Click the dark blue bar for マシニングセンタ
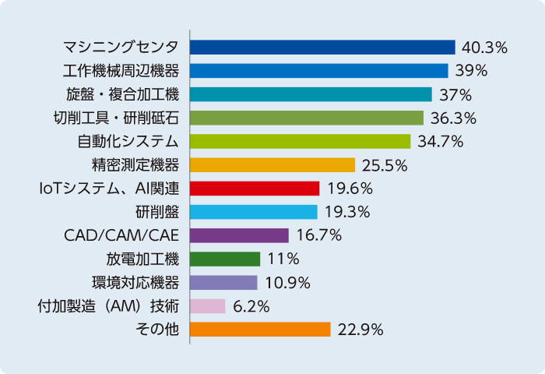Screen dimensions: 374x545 pos(322,48)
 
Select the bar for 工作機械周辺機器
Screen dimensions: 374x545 pos(318,71)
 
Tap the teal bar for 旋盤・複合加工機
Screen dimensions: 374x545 pos(311,94)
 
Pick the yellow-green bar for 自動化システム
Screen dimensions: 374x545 pos(300,142)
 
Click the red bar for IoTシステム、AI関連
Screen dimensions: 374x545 pos(255,189)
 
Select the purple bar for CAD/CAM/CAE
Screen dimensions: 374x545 pos(239,235)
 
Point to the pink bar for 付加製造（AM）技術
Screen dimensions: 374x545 pos(207,306)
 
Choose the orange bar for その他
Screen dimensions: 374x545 pos(260,330)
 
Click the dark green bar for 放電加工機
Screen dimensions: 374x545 pos(225,259)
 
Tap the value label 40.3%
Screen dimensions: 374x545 pos(484,48)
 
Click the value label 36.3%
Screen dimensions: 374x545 pos(453,118)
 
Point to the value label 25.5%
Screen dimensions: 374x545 pos(385,165)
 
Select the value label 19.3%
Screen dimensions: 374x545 pos(346,212)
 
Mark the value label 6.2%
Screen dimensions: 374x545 pos(251,306)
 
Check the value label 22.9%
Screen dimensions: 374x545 pos(360,330)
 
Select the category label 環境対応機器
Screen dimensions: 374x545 pos(142,282)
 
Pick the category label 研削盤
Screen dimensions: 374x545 pos(156,212)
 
